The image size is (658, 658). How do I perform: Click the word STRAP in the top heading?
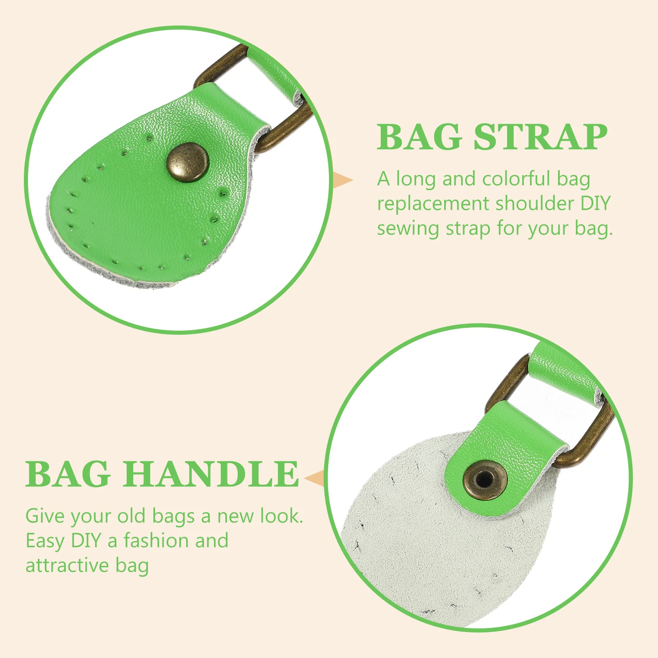(540, 137)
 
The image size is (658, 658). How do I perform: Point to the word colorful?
(516, 179)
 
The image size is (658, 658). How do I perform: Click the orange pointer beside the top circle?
(342, 180)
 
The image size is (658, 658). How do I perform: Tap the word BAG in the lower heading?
(68, 474)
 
